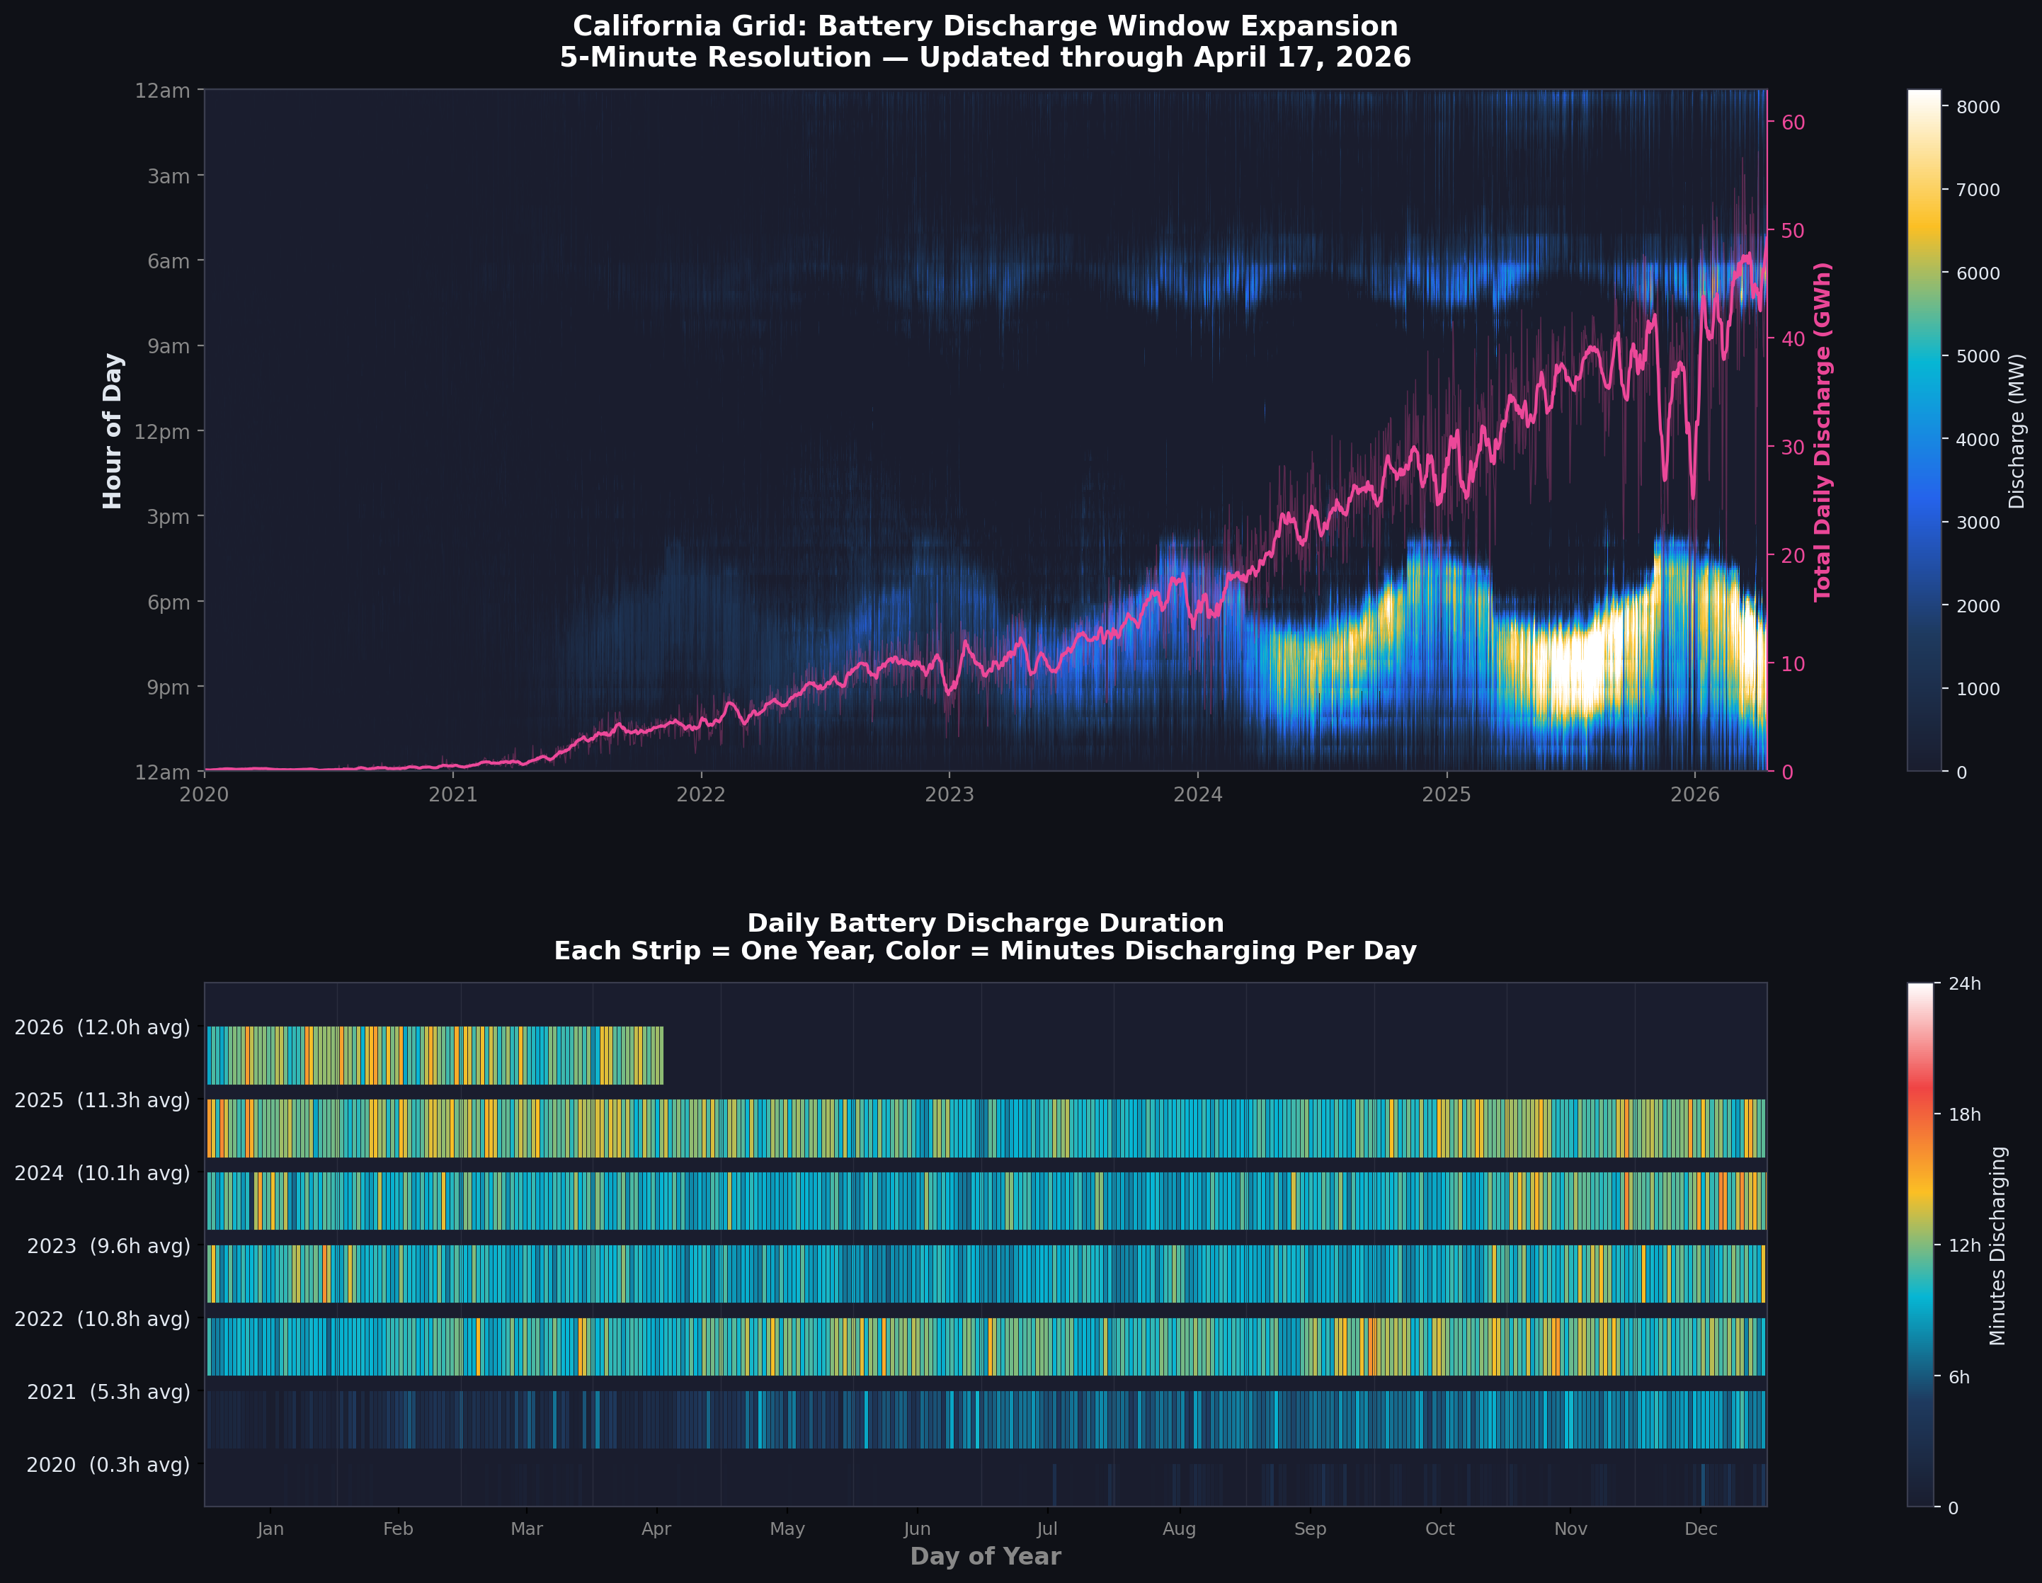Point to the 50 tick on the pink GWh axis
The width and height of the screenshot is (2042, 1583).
1792,231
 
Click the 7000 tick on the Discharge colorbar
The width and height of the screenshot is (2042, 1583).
1978,190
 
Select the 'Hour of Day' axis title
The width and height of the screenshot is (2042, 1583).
112,431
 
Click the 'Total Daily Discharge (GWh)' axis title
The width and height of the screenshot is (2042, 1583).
1823,431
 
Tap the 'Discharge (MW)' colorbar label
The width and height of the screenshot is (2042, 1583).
2017,431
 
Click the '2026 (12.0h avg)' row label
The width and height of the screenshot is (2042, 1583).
102,1027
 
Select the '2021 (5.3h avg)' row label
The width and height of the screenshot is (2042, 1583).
108,1393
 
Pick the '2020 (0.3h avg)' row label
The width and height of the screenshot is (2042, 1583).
108,1465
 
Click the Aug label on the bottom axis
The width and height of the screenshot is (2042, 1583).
1179,1528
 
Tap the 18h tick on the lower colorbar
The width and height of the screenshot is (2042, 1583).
1964,1114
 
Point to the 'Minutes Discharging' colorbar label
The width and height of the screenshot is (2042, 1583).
1998,1245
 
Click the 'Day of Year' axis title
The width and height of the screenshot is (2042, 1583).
986,1556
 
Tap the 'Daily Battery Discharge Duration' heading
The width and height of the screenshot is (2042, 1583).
986,923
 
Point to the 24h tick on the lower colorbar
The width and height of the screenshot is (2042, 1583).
1964,983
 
